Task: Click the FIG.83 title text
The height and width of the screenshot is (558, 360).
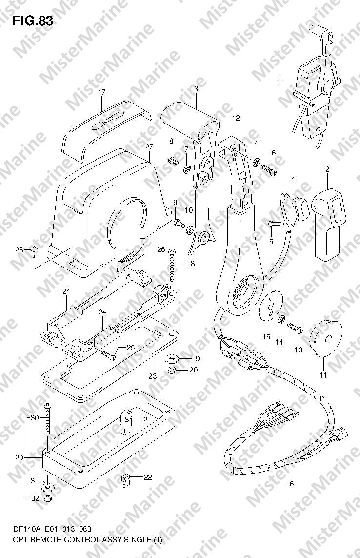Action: [x=33, y=21]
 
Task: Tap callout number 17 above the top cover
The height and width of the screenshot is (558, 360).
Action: [x=102, y=93]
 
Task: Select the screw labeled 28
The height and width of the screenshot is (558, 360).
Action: [x=35, y=251]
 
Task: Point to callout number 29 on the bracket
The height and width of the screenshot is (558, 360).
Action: [x=19, y=457]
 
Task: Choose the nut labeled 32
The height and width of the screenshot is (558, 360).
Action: [x=47, y=498]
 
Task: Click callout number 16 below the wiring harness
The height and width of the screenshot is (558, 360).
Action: [x=290, y=484]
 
